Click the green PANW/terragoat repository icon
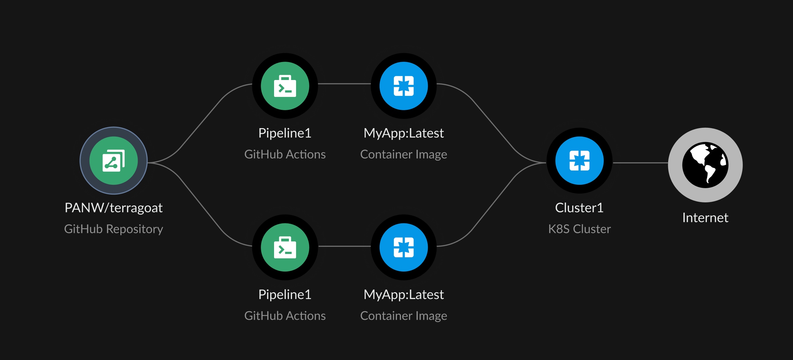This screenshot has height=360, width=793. (114, 161)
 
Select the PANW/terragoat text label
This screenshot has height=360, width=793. (114, 208)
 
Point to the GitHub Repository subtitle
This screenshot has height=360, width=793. (114, 229)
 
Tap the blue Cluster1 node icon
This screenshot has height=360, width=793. (579, 161)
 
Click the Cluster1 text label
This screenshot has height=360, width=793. (579, 208)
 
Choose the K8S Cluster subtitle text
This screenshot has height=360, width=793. (579, 229)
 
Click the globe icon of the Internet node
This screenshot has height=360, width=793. (705, 165)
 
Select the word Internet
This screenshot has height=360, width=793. (705, 218)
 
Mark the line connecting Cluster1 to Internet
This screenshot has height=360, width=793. (640, 163)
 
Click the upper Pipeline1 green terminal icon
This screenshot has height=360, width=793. (285, 86)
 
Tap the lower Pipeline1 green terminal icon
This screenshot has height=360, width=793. (285, 247)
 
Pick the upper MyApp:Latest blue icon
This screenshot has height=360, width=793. (404, 86)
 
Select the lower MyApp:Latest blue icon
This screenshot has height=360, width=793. (404, 247)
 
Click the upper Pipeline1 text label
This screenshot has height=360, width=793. (285, 133)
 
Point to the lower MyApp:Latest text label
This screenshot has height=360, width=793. (404, 295)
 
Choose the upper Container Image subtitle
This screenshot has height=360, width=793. (404, 155)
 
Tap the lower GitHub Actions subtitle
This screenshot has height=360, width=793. (285, 316)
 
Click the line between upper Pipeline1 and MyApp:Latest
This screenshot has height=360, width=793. (344, 84)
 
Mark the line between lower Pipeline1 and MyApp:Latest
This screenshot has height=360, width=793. (344, 246)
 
